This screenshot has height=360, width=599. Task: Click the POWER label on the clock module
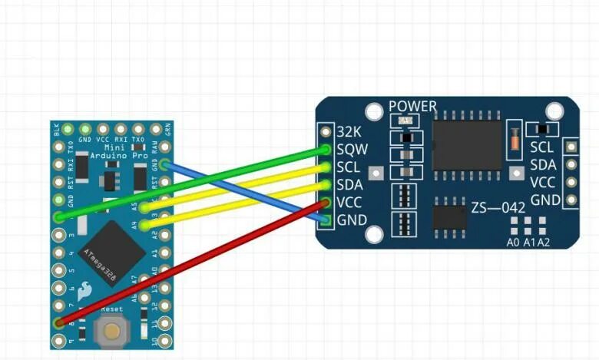point(412,107)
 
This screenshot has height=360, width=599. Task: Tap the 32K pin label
point(349,131)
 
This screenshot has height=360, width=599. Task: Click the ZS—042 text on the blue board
point(498,207)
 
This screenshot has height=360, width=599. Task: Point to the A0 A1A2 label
point(528,243)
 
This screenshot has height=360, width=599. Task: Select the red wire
point(192,262)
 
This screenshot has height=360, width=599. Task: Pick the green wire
point(192,183)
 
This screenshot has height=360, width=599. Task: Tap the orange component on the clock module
point(512,140)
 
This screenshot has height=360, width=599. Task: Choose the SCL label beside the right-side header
point(542,147)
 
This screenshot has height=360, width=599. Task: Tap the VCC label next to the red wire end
point(351,203)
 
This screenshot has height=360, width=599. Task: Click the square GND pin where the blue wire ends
point(325,221)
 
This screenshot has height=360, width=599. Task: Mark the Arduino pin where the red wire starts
point(59,321)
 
